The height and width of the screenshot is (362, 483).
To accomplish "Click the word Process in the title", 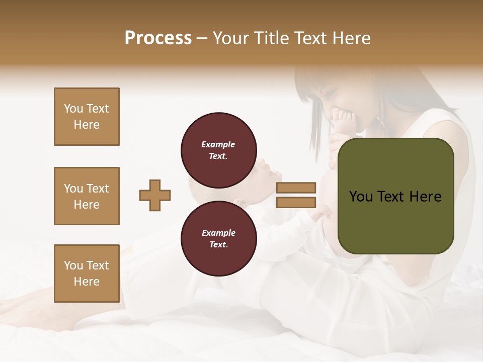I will coord(158,38).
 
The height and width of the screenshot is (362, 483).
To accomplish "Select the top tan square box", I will coord(87,117).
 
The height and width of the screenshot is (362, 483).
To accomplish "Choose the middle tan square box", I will coord(87,196).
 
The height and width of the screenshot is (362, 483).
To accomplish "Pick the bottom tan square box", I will coord(87,274).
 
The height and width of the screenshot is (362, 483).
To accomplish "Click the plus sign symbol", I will coord(155,195).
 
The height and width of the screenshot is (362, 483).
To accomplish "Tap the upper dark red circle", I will coord(219,150).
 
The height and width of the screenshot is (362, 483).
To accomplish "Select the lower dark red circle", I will coord(219,239).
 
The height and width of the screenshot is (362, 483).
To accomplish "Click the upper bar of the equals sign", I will coord(296,188).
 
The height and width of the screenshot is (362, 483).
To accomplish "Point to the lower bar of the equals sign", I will coord(296,202).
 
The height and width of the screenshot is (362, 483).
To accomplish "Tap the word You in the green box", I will coord(361,197).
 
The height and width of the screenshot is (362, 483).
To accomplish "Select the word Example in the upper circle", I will coord(218,145).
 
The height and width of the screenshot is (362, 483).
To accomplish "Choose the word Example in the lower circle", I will coord(218,233).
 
